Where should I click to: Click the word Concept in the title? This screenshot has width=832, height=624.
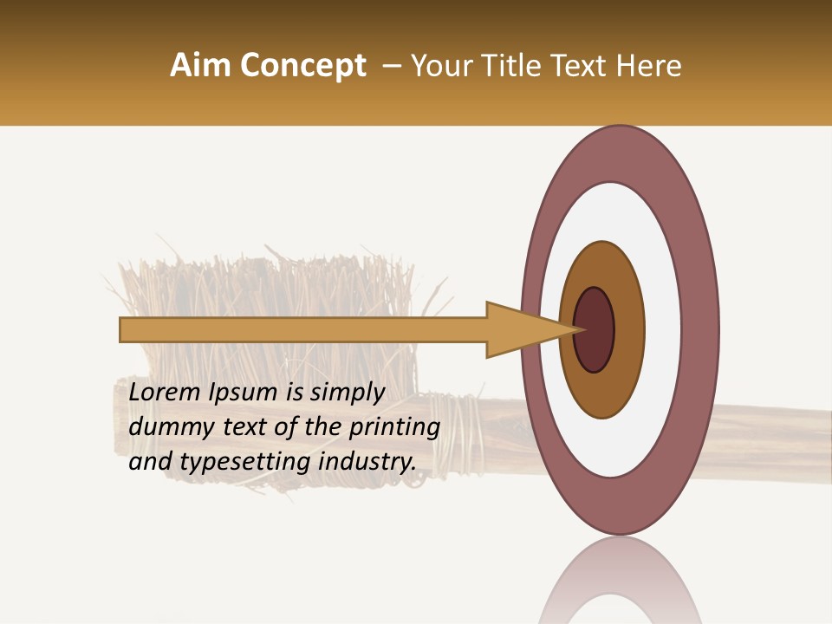coord(303,66)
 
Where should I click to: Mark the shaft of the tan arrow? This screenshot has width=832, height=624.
coord(303,330)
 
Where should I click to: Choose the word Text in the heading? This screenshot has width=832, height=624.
coord(588,66)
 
